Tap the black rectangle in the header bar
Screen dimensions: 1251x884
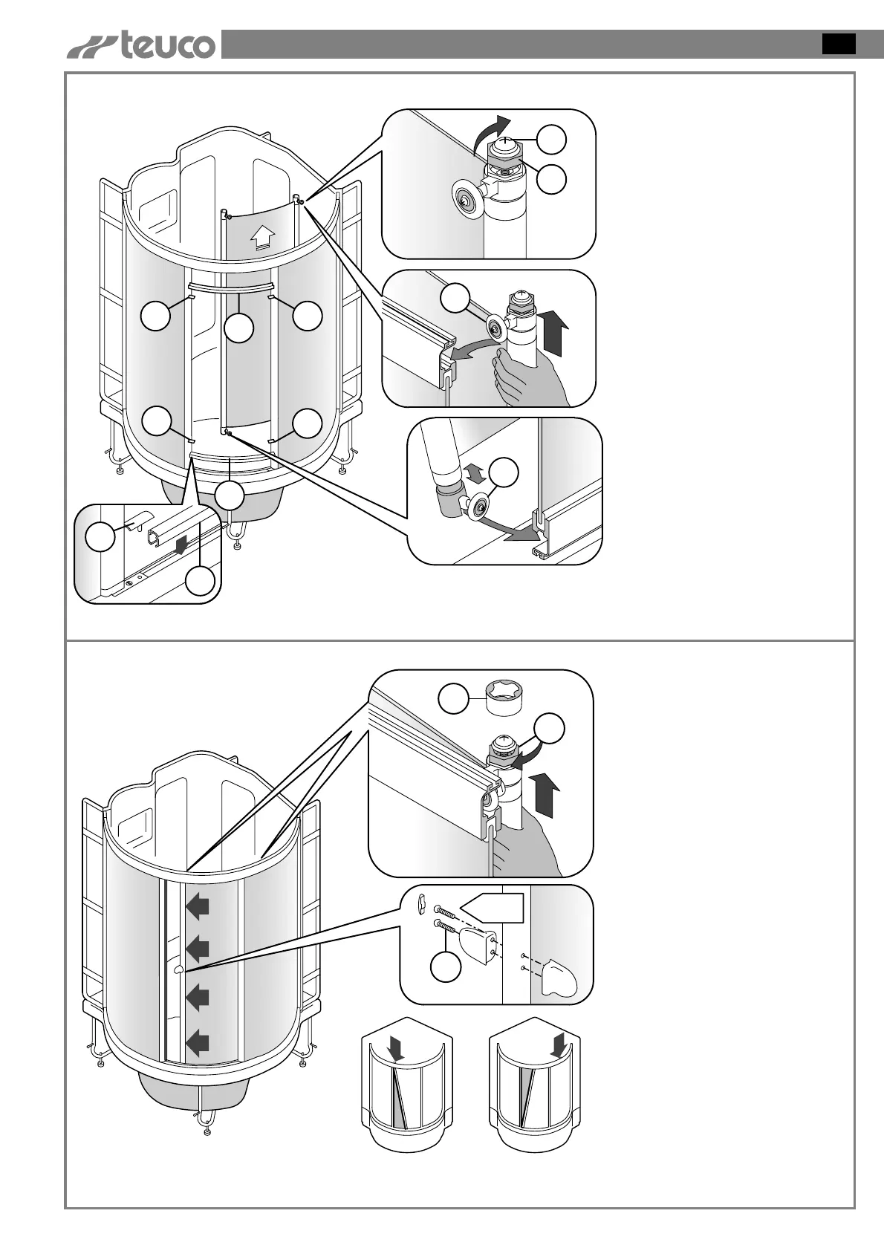838,44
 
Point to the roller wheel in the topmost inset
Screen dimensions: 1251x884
465,199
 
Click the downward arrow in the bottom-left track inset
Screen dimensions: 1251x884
178,546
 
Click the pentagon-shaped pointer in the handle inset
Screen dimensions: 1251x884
491,908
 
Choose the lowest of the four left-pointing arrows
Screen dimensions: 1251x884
198,1044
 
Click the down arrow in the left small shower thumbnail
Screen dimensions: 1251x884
397,1048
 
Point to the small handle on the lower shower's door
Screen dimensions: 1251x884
178,970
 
